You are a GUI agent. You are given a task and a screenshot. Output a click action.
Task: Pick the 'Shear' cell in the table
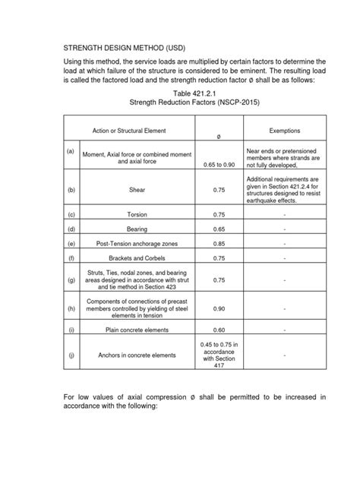(x=137, y=191)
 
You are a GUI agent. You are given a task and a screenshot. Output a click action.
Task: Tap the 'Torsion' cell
(x=137, y=215)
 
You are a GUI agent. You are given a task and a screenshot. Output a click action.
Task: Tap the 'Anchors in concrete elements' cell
(x=137, y=355)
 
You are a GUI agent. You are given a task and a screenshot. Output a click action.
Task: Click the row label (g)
(x=71, y=280)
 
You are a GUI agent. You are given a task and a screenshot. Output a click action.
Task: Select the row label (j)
(x=71, y=355)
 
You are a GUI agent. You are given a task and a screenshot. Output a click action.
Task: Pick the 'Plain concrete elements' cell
(x=137, y=330)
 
